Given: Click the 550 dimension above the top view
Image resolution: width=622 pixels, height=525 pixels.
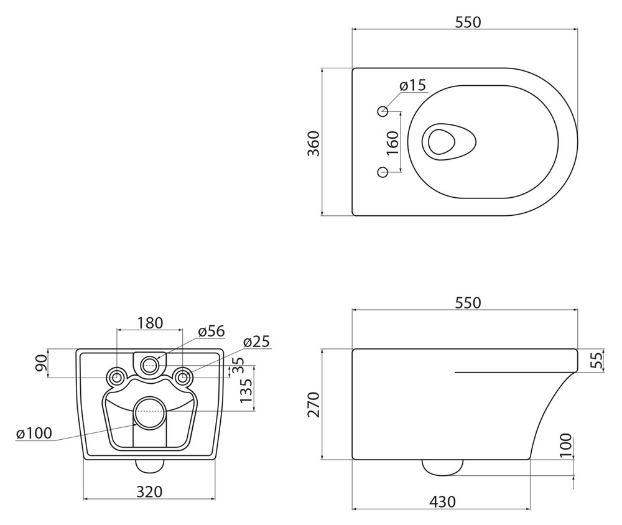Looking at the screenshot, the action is [x=468, y=22].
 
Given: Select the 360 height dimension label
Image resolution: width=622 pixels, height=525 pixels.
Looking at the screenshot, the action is [x=313, y=143].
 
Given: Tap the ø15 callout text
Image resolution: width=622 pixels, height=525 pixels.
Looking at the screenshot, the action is [x=412, y=85].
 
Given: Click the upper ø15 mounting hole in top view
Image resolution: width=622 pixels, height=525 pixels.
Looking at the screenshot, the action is [x=383, y=111].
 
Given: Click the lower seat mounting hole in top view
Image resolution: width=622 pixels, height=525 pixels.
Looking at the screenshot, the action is [x=383, y=172].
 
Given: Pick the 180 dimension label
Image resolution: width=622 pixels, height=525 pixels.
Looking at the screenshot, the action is [x=150, y=323].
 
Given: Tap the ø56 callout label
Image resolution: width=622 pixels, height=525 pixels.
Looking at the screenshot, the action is [x=212, y=330].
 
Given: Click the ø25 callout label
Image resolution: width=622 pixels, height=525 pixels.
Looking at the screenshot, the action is [x=257, y=341].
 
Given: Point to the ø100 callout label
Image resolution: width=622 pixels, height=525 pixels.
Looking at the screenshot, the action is [x=34, y=434].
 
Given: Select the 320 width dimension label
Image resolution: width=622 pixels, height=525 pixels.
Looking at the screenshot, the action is [x=149, y=491].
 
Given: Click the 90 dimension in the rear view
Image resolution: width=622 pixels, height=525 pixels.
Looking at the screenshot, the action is [x=42, y=363].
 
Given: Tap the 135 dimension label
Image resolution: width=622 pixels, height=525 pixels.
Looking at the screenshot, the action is [x=246, y=391].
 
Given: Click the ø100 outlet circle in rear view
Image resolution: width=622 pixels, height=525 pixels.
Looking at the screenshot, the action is [x=150, y=412].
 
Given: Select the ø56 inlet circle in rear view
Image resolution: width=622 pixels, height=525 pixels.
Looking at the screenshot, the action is [x=149, y=365].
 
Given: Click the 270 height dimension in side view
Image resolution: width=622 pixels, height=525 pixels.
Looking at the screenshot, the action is [x=313, y=404].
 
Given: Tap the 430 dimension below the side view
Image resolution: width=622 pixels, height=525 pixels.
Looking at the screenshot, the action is [x=442, y=502].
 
